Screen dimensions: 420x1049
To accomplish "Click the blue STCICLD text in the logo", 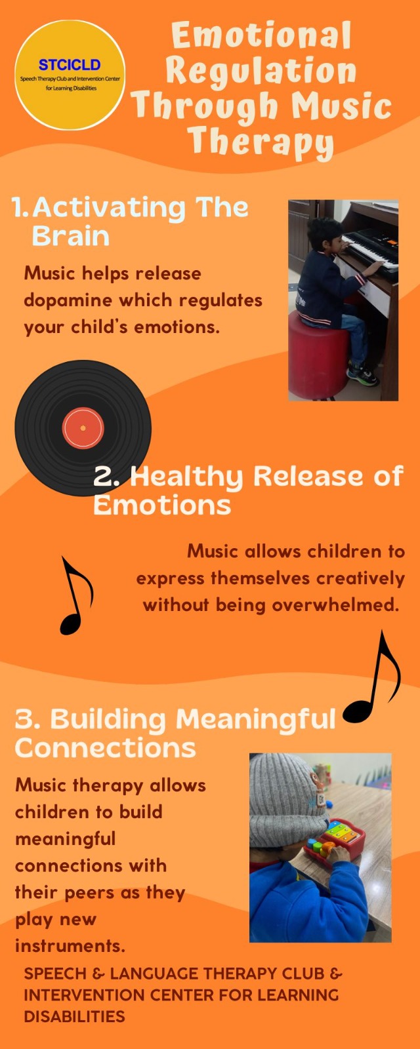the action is (70, 65).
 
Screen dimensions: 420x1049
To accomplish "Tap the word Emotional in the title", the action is (261, 35).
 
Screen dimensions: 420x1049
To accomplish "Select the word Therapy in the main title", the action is (261, 141).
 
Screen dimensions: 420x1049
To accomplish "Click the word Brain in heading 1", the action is (70, 235).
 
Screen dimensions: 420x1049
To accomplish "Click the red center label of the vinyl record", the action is (83, 428).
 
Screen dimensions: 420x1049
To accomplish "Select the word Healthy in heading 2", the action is (186, 477).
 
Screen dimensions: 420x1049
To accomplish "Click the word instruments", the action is (70, 947).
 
